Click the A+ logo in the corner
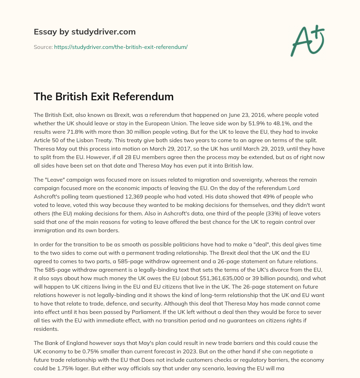[307, 40]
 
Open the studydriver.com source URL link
[121, 47]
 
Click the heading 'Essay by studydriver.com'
[85, 32]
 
